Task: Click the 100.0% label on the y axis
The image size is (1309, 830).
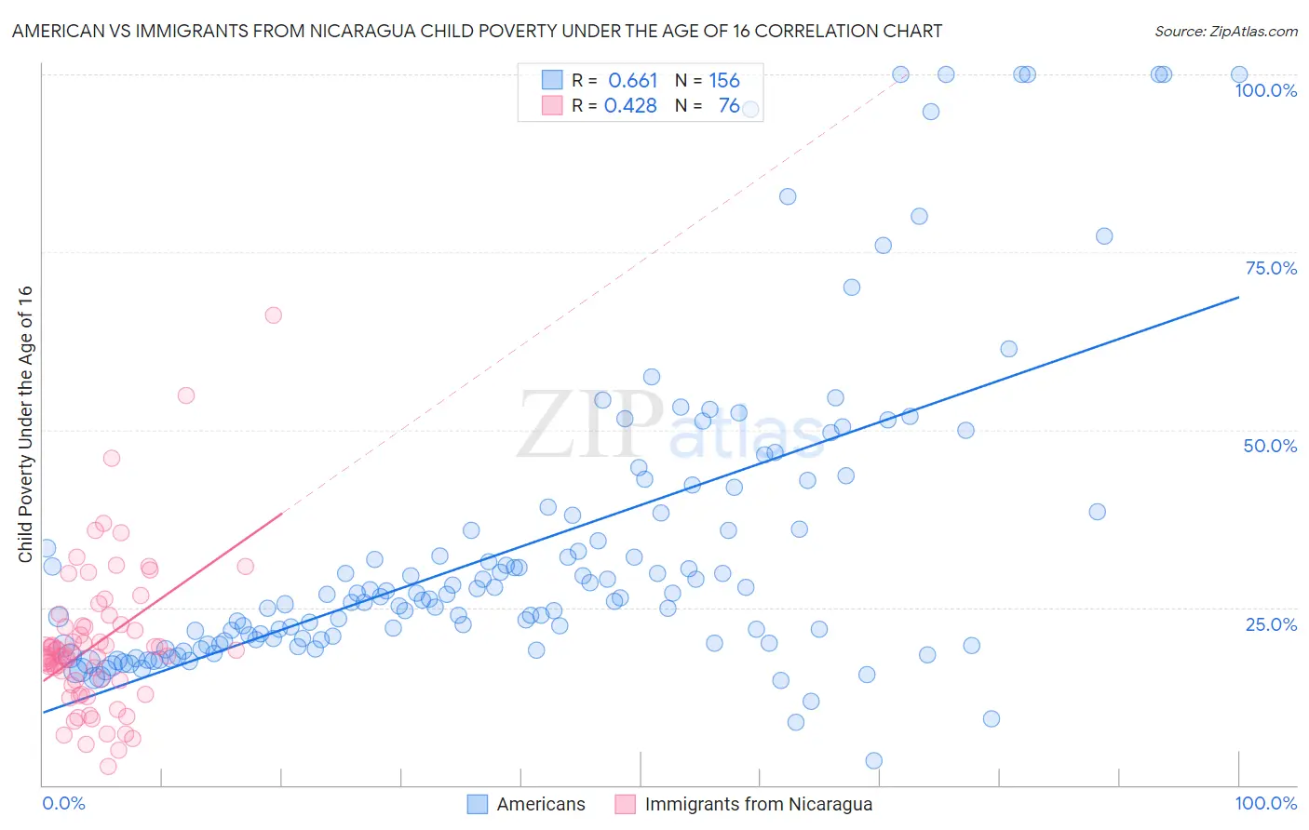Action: (x=1265, y=90)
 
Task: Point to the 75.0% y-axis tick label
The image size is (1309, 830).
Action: (x=1271, y=268)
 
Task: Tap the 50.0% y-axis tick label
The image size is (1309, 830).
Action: (x=1270, y=446)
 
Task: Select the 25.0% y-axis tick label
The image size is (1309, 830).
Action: (x=1271, y=623)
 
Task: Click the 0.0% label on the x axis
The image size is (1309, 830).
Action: (x=63, y=803)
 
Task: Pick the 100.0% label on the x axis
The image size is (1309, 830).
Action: (x=1265, y=803)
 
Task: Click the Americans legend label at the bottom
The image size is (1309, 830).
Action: (x=541, y=804)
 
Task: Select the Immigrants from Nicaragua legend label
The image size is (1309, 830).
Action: (x=759, y=804)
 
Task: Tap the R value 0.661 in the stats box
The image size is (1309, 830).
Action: (x=633, y=81)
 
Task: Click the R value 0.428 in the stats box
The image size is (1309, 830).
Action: (x=631, y=106)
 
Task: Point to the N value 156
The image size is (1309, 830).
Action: (x=724, y=81)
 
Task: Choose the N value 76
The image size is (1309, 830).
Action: (x=729, y=106)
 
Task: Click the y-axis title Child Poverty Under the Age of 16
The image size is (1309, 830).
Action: (x=25, y=423)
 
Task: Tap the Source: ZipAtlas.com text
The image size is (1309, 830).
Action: (x=1225, y=32)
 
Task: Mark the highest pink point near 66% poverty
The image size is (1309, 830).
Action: (x=273, y=315)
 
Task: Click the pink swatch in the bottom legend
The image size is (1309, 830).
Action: (x=625, y=804)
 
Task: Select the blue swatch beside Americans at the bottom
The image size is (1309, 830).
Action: (x=477, y=804)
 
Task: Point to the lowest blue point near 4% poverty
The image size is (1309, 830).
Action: (x=873, y=761)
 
